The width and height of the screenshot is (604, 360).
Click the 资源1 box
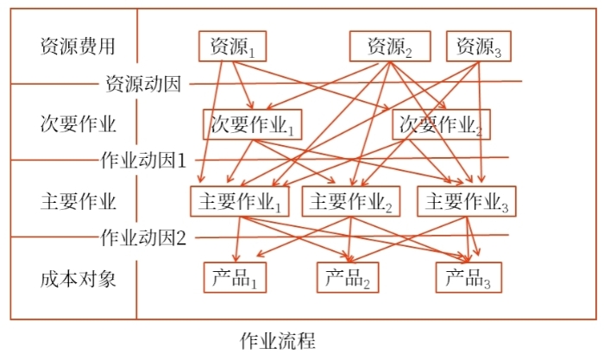[x=228, y=46]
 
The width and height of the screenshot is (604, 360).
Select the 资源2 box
[x=389, y=46]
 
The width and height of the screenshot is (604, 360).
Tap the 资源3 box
[x=479, y=46]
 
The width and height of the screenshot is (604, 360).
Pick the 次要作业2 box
[x=441, y=125]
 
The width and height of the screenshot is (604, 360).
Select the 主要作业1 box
[x=241, y=201]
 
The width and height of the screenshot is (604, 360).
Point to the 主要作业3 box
[x=466, y=201]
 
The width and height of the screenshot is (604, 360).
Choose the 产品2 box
[x=349, y=277]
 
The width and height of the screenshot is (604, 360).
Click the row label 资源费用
[x=77, y=46]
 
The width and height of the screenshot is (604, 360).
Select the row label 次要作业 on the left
[x=77, y=123]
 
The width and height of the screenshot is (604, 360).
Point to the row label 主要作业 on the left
[x=77, y=201]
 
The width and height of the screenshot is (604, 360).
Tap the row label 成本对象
[x=77, y=278]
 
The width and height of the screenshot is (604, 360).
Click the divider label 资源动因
[x=142, y=84]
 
